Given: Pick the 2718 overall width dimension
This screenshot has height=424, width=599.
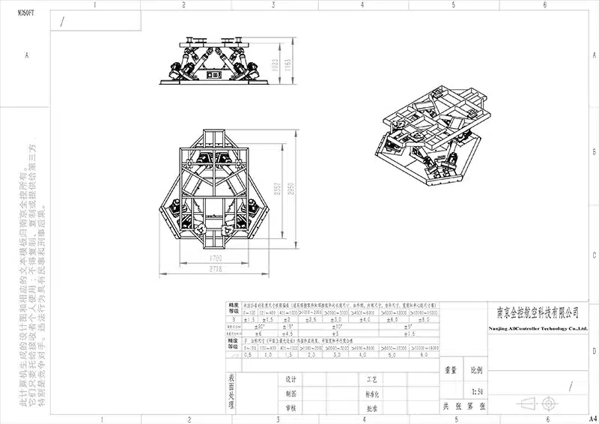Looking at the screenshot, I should [x=216, y=267].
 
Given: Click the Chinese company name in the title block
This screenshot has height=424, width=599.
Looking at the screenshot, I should [x=538, y=311].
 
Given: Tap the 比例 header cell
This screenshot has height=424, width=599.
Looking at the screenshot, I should [x=477, y=371].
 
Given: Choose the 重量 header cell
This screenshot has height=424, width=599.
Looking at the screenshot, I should [x=451, y=371].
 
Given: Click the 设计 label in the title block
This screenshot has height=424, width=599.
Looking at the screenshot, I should [x=291, y=378].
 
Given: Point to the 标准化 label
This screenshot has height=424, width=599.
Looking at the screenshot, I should [x=371, y=393].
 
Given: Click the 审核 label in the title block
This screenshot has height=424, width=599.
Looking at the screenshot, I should [x=291, y=408].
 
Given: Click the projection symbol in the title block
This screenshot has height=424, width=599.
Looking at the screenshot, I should [x=538, y=404].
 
